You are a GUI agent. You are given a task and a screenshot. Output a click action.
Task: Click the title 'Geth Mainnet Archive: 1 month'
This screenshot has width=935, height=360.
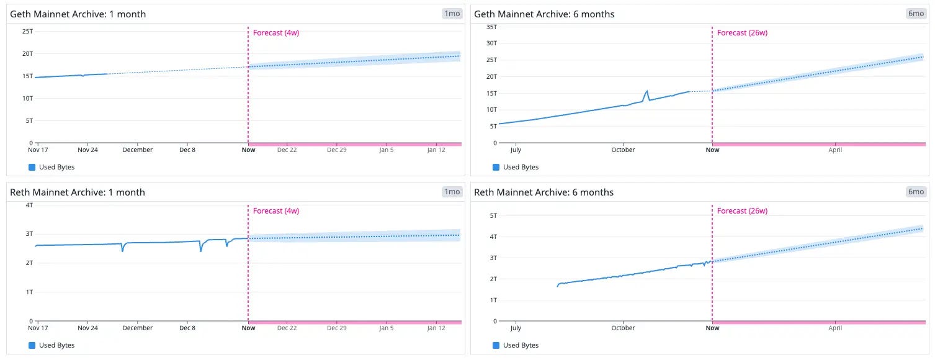[78, 14]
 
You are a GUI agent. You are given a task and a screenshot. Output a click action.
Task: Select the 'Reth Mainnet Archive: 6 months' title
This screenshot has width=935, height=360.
[544, 192]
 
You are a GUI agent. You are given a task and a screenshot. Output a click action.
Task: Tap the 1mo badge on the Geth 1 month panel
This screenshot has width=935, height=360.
[452, 14]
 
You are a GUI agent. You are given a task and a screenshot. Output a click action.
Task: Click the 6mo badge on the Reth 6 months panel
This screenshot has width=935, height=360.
[916, 192]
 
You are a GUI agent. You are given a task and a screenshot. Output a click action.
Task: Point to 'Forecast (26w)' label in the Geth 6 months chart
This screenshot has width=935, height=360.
[742, 32]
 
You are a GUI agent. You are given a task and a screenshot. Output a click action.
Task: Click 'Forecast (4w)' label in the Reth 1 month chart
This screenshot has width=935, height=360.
[276, 211]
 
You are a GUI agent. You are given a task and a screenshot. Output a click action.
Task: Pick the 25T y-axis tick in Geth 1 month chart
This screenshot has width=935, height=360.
[27, 31]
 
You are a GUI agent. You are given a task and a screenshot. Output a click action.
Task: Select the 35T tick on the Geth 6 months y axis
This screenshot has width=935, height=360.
[492, 27]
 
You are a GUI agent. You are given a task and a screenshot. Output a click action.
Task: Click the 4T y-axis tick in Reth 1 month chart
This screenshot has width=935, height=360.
[29, 205]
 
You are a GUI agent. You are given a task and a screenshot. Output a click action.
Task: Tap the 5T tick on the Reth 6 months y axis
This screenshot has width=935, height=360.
[493, 215]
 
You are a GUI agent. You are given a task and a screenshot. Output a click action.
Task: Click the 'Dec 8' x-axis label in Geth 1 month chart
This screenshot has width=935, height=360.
[187, 150]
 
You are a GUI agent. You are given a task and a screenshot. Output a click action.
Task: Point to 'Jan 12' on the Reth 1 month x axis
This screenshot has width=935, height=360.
[436, 328]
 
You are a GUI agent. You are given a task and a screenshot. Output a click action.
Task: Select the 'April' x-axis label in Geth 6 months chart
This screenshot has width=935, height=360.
[835, 150]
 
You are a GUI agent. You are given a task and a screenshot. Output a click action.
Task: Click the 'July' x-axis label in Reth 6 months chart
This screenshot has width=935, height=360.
[516, 328]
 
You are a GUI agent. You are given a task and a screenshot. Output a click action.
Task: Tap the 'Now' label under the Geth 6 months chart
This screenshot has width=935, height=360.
[712, 150]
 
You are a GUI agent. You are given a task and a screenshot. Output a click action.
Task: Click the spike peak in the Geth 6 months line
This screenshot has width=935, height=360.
[647, 91]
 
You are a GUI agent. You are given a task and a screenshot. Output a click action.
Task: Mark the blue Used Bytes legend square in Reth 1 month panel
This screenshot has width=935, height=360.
[32, 345]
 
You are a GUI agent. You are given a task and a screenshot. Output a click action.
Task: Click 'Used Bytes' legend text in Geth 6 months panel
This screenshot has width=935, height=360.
[521, 167]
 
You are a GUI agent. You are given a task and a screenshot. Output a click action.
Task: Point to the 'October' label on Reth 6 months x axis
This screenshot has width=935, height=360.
[623, 328]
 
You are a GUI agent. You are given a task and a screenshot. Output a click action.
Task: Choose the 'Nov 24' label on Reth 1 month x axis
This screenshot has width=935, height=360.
[87, 328]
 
